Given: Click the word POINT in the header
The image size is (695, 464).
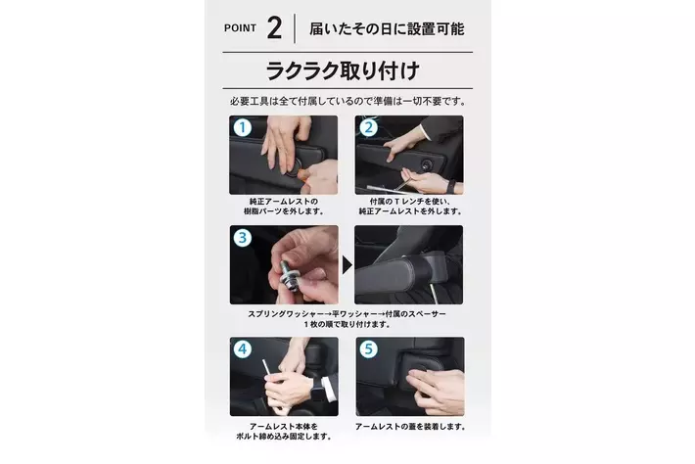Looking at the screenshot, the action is [x=240, y=28].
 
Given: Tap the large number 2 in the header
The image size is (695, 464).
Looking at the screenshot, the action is [x=274, y=28].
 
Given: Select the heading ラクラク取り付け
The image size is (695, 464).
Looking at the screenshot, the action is [x=343, y=70].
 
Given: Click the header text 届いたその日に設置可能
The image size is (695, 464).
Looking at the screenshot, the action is [x=387, y=28].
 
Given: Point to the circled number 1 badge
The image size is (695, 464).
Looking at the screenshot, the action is [x=243, y=127].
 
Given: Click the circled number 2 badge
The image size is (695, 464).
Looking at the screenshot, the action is [x=368, y=127].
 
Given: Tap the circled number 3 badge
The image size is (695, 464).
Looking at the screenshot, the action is [x=243, y=238].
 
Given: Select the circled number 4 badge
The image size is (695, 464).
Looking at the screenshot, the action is [x=243, y=349].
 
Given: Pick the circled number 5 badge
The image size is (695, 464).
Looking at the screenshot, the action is [x=368, y=349].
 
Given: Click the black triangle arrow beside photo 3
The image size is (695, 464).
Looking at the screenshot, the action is [x=347, y=265].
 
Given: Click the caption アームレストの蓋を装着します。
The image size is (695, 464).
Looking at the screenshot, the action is [x=410, y=427].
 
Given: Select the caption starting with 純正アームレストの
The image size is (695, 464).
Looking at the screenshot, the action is [x=284, y=207].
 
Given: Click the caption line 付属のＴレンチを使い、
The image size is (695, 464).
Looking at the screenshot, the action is [x=410, y=202].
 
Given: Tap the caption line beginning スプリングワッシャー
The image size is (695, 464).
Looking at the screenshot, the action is [x=347, y=314].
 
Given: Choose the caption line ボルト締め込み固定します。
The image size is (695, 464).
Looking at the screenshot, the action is [x=284, y=437].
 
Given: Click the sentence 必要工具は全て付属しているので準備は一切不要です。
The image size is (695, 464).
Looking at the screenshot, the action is [x=348, y=102].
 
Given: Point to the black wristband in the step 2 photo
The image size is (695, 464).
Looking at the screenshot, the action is [x=451, y=186].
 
